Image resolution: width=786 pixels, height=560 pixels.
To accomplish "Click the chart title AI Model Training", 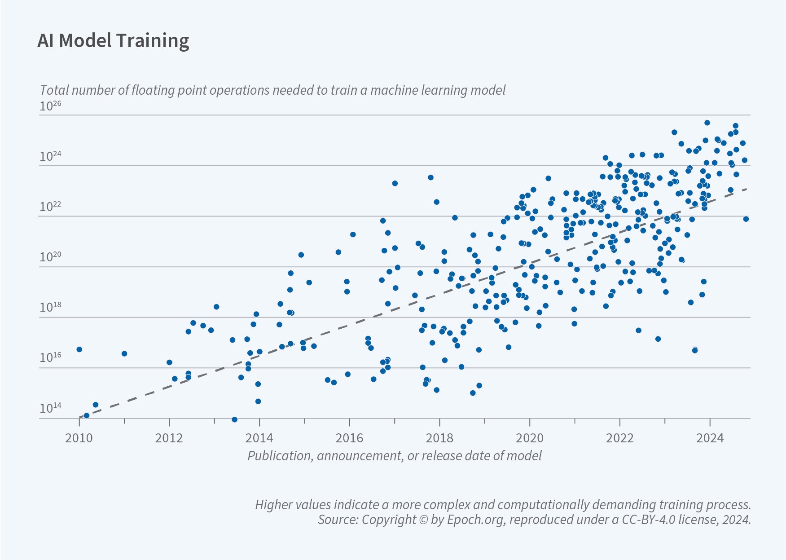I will [113, 41].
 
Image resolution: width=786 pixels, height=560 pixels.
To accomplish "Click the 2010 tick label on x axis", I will [79, 438].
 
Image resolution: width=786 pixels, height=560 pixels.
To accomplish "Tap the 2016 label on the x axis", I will [349, 438].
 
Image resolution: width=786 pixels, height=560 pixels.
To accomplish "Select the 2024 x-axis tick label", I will [710, 438].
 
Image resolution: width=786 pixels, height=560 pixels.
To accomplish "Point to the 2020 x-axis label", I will [530, 438].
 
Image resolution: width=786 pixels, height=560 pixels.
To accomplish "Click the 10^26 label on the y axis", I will [50, 106].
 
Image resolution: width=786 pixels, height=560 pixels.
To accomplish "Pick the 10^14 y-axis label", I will [50, 408].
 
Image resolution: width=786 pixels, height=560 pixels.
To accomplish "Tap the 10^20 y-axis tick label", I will [50, 257].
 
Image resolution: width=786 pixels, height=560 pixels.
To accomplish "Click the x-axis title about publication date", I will [394, 456].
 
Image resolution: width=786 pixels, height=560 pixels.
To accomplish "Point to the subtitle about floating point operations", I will [272, 90].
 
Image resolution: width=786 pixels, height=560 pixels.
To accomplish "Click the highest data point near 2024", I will [707, 123].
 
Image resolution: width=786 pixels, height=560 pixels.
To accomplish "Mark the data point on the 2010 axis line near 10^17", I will [79, 349].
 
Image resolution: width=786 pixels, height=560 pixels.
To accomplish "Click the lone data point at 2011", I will [124, 354].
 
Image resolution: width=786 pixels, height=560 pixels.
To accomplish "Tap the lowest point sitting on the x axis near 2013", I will [234, 419].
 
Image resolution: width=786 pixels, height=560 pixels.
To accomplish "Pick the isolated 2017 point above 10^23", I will [395, 183].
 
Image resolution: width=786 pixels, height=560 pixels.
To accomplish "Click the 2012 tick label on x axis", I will [169, 438].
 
